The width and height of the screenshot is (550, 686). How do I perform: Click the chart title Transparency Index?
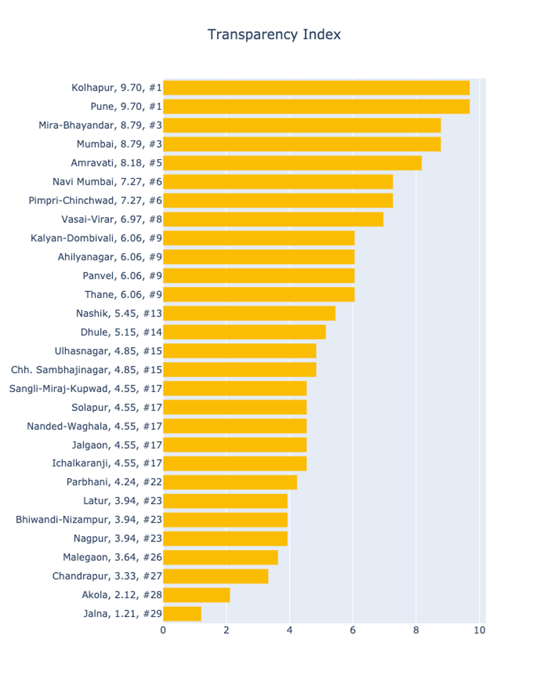click(x=274, y=35)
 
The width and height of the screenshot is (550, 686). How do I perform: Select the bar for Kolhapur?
click(x=316, y=88)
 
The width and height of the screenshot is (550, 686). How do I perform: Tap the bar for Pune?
click(x=316, y=107)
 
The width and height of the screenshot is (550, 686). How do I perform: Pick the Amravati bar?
click(x=292, y=163)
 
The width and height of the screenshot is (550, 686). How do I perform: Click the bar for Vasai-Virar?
click(x=273, y=220)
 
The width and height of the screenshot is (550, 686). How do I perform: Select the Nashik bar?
click(x=249, y=313)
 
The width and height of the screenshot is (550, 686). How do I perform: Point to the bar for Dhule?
click(x=244, y=332)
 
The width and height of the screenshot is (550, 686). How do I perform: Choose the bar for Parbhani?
click(x=230, y=482)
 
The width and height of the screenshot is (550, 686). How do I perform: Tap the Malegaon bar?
click(x=220, y=557)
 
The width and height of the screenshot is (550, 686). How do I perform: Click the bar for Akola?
click(x=196, y=595)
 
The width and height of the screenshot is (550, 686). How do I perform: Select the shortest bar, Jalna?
click(x=182, y=613)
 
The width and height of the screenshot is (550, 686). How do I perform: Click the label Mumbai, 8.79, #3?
click(x=119, y=145)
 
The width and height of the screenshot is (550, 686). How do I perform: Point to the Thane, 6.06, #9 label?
click(x=123, y=295)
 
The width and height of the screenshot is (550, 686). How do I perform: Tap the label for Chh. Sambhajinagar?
click(x=87, y=370)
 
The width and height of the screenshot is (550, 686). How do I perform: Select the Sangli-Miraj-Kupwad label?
click(x=85, y=388)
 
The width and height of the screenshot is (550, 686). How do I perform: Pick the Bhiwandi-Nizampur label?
click(x=89, y=520)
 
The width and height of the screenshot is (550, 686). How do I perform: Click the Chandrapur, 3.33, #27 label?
click(x=107, y=576)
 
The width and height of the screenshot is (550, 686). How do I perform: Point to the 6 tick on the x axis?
click(x=352, y=631)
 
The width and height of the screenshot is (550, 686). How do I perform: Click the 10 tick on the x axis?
click(x=479, y=631)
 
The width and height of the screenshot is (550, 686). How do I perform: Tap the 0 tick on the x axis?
click(x=163, y=631)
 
